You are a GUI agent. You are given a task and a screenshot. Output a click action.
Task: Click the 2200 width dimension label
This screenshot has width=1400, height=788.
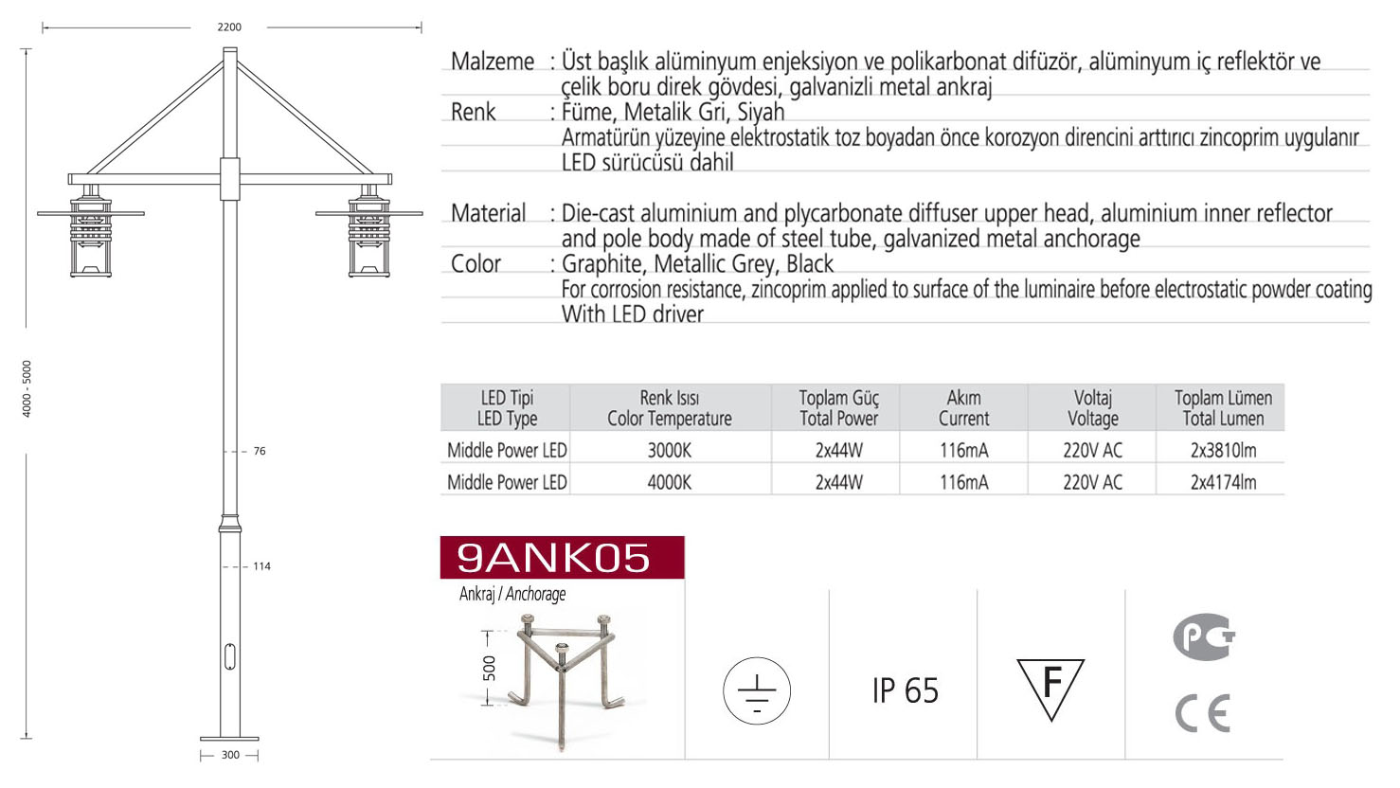(228, 27)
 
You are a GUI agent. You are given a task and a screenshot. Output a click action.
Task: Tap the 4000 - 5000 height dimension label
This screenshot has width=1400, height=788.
(27, 388)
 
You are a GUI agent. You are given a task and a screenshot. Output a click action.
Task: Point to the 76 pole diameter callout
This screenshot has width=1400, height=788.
(260, 451)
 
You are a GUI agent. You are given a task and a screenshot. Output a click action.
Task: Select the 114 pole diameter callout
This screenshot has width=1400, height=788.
(261, 566)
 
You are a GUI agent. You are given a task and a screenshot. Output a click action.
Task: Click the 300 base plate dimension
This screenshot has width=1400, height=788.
(230, 755)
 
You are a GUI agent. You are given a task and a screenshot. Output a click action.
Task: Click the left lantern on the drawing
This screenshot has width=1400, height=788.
(91, 231)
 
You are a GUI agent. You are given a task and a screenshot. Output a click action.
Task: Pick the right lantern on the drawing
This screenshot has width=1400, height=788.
(368, 231)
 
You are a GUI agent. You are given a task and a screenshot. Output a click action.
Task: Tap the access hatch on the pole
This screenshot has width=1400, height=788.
(229, 656)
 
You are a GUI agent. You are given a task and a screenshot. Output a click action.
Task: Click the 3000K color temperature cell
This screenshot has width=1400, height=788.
(670, 450)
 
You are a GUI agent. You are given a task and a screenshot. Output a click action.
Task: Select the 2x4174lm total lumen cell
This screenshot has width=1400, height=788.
(1223, 482)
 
